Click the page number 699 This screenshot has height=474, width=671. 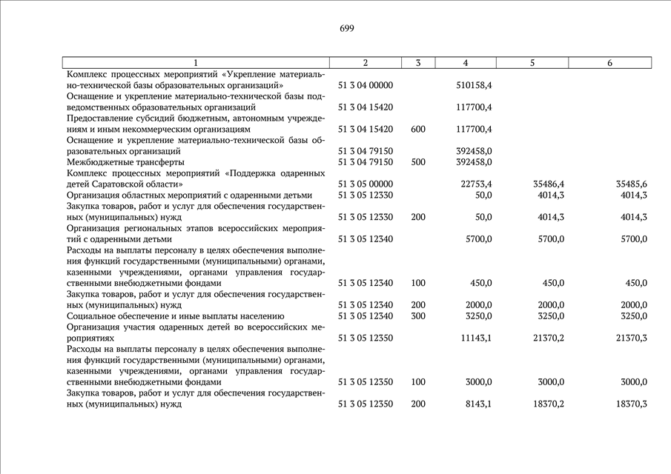pos(347,29)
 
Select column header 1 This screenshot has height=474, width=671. pos(196,63)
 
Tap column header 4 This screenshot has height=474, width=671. pos(465,63)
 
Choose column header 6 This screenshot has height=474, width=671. pos(609,63)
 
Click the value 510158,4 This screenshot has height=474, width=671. pos(474,85)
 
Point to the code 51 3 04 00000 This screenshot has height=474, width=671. pos(366,85)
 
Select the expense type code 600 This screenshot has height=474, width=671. pos(417,129)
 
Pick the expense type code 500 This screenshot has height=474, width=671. pos(417,161)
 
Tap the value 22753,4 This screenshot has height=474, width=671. pos(476,184)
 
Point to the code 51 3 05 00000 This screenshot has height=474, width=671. pos(366,184)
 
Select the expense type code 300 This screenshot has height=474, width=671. pos(417,316)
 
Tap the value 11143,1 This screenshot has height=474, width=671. pos(476,338)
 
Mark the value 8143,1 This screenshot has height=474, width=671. pos(478,404)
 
